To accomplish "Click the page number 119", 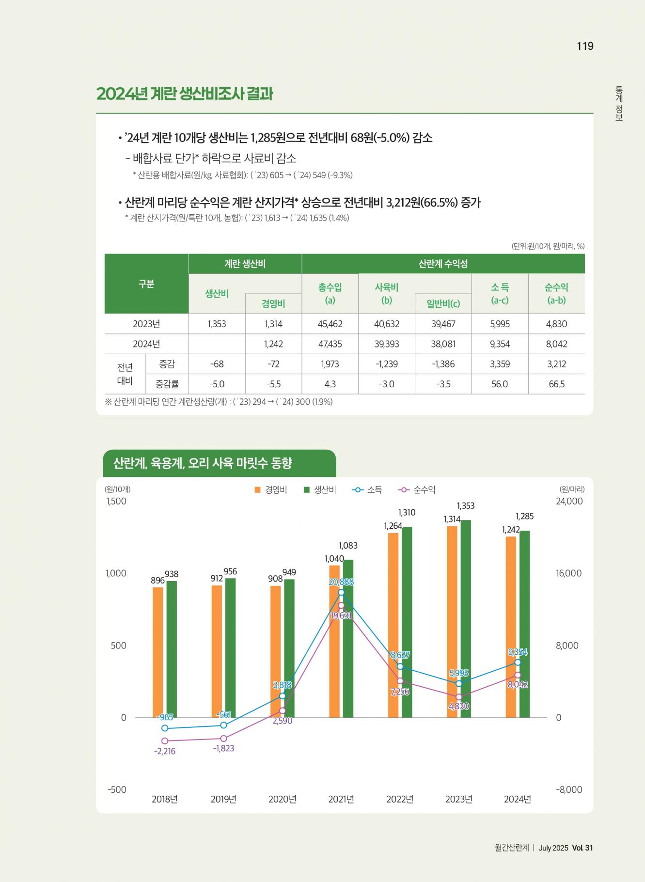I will [x=585, y=46].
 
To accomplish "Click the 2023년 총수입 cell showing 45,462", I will [x=330, y=324].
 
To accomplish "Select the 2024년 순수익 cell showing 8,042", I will [x=556, y=344].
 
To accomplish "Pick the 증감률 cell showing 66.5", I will [x=556, y=384].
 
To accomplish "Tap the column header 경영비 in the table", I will [x=273, y=304].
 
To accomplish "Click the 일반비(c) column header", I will [x=443, y=304].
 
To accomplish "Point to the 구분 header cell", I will [x=146, y=284].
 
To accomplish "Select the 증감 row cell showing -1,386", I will [x=443, y=364].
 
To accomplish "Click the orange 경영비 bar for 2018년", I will [x=158, y=652].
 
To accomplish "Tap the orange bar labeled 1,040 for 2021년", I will [x=334, y=641].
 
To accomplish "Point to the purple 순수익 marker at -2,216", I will [x=165, y=741].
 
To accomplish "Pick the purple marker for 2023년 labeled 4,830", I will [x=459, y=697].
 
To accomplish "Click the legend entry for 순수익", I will [x=418, y=490].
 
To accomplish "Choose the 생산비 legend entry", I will [x=320, y=490].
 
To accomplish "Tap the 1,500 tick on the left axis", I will [x=116, y=501].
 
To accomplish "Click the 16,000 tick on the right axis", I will [x=569, y=573].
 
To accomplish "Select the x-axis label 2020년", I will [x=282, y=799].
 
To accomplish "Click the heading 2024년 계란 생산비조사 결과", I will [x=185, y=94].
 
